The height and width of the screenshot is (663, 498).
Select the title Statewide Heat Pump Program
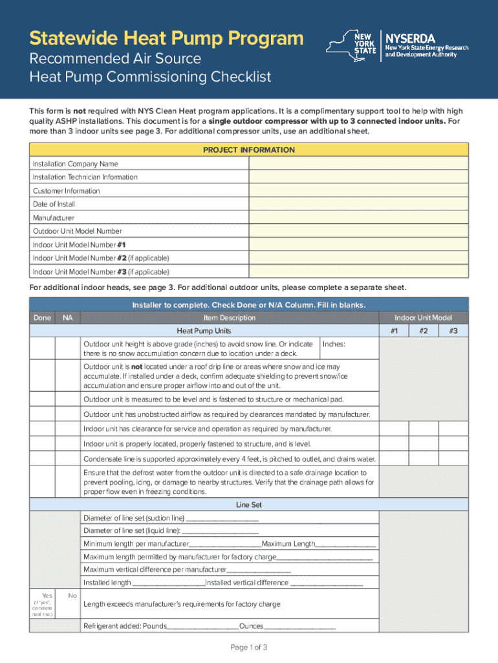[x=167, y=38]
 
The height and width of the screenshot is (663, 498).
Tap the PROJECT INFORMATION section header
[x=249, y=150]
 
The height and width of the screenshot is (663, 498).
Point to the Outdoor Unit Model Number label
[x=78, y=231]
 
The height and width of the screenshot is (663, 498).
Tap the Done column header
[x=41, y=318]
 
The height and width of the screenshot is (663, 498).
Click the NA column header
[x=67, y=318]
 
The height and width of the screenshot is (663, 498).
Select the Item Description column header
[x=229, y=318]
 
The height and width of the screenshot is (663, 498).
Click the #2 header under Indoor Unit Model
[x=423, y=331]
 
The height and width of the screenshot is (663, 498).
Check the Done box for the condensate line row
[x=42, y=459]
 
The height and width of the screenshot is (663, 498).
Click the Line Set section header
[x=249, y=504]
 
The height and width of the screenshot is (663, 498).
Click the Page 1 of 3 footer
[x=249, y=647]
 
